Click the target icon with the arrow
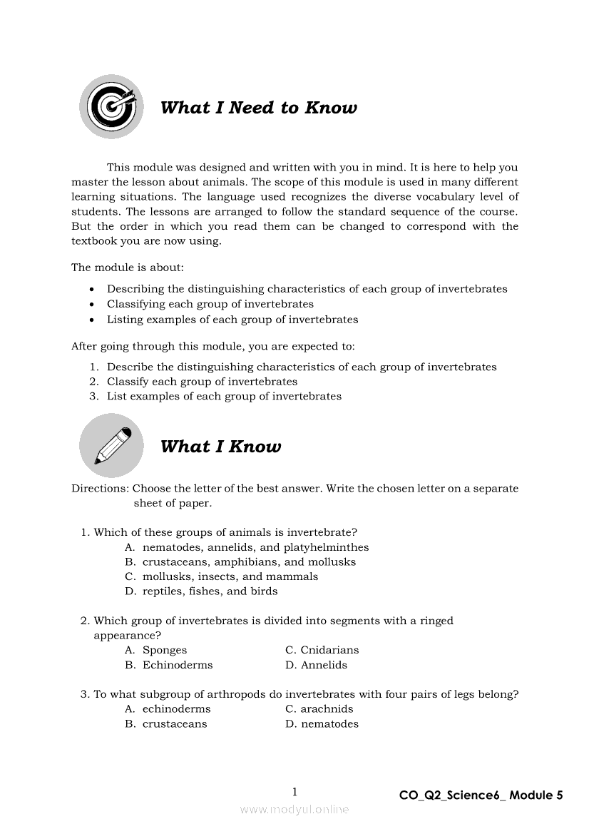tap(111, 107)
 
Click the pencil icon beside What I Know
tap(111, 445)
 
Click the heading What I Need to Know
tap(258, 108)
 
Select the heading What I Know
tap(220, 447)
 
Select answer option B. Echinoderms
tap(169, 665)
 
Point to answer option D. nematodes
tap(322, 724)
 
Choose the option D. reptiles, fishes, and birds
tap(201, 591)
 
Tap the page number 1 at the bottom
tap(294, 791)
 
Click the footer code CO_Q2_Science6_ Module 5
tap(481, 795)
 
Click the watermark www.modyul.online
tap(294, 810)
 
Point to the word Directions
tap(100, 489)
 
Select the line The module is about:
tap(127, 268)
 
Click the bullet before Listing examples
tap(93, 320)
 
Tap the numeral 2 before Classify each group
tap(93, 382)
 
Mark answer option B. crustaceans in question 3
tap(166, 724)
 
